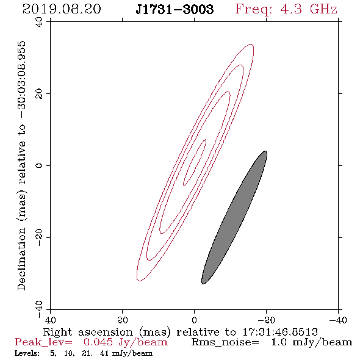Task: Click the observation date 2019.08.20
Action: coord(62,9)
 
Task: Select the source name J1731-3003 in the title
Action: coord(175,9)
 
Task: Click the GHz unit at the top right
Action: coord(323,9)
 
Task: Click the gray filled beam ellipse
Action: coord(234,217)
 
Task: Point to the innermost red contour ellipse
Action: coord(195,162)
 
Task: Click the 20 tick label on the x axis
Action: coord(122,320)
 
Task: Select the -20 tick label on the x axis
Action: coord(266,320)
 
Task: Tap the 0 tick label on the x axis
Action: coord(194,320)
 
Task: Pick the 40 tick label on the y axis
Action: coord(39,22)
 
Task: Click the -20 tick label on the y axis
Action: coord(39,237)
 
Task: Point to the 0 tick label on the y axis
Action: coord(39,165)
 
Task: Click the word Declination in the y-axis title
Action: coord(21,259)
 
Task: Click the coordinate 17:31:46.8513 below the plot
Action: coord(280,332)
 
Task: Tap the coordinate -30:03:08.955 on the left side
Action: coord(22,80)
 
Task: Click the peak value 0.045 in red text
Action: coord(98,342)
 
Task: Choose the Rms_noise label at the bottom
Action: coord(225,343)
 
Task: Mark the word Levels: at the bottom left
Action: coord(27,353)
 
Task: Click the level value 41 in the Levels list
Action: coord(104,353)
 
